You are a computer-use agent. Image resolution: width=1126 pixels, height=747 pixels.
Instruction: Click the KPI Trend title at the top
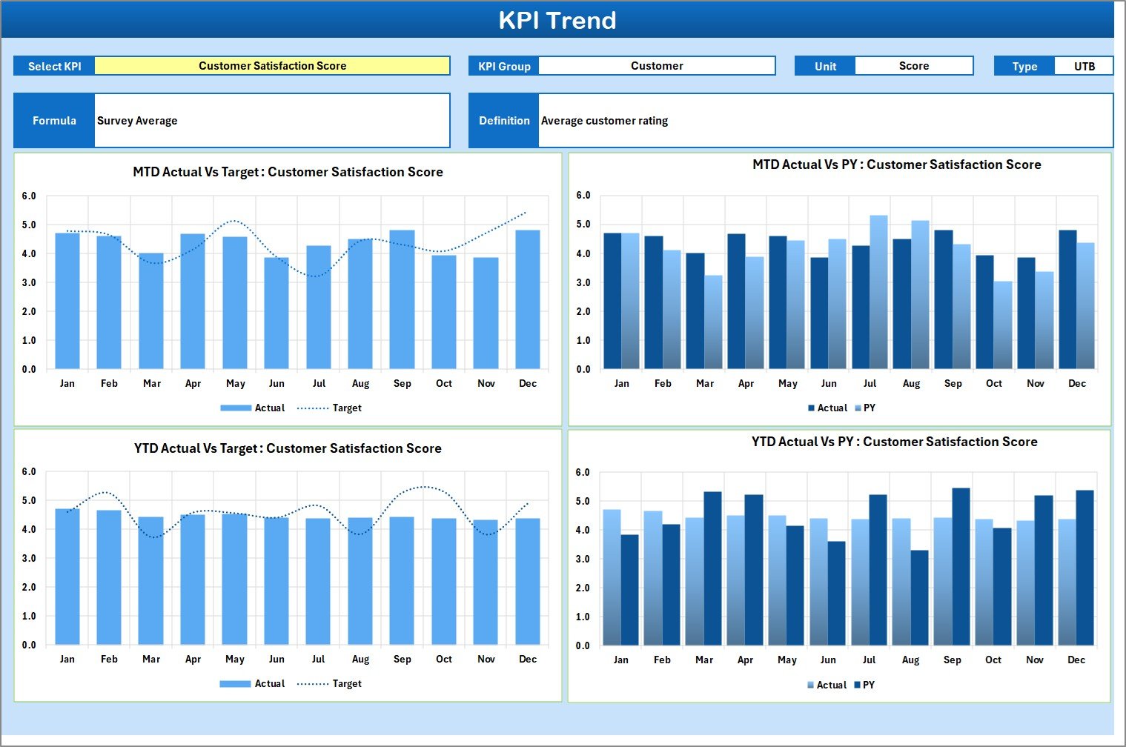click(557, 20)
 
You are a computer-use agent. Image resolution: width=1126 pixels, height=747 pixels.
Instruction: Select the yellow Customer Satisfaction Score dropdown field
click(272, 66)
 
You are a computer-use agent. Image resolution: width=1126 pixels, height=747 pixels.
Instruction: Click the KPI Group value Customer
click(656, 66)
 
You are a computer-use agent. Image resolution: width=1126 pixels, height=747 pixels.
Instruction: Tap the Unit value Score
click(913, 66)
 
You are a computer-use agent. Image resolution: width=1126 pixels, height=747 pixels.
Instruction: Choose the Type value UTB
click(1084, 66)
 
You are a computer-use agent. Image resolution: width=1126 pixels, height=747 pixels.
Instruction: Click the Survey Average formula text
click(137, 121)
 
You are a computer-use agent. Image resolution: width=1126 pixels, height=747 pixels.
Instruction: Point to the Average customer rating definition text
click(604, 121)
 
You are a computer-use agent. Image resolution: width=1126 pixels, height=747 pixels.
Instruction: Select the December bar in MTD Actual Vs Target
click(528, 300)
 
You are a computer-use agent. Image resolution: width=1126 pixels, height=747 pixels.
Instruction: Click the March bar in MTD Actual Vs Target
click(151, 311)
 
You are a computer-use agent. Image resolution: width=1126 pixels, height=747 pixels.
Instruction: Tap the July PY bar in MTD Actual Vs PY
click(878, 293)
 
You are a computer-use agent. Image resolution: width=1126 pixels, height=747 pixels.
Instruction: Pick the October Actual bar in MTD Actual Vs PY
click(984, 312)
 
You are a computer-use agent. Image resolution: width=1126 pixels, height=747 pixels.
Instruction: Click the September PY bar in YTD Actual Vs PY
click(961, 567)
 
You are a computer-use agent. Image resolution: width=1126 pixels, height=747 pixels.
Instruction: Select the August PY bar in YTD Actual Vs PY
click(919, 597)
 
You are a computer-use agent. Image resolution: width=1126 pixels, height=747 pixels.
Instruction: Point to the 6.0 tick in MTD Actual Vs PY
click(583, 196)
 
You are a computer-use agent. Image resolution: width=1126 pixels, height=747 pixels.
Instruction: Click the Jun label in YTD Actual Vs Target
click(276, 660)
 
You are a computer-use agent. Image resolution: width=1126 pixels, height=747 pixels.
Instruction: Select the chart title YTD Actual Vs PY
click(894, 442)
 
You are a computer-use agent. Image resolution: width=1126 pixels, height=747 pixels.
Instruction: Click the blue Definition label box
click(504, 121)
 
